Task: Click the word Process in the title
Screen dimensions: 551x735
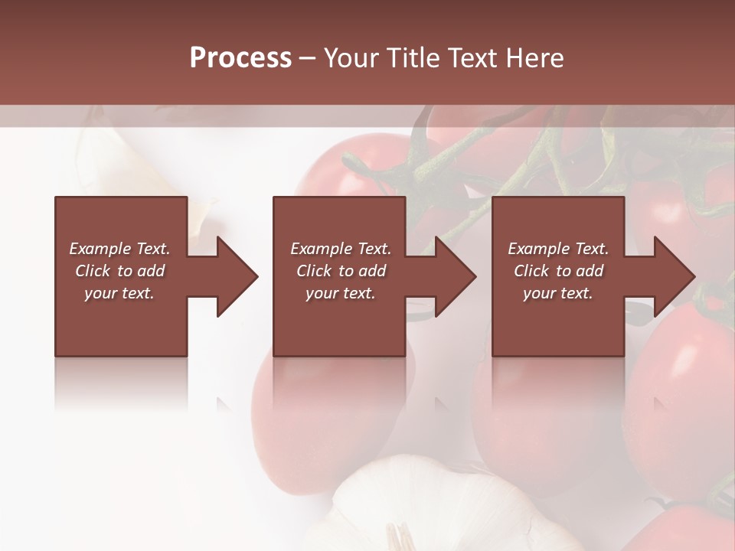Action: [240, 58]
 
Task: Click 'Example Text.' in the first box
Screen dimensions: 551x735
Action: [119, 249]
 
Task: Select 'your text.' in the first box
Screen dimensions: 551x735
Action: [119, 293]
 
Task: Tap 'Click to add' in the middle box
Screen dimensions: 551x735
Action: [341, 271]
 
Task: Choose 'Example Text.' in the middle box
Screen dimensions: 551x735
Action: [341, 249]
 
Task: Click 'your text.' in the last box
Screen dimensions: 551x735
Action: [558, 293]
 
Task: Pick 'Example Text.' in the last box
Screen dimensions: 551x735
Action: [558, 249]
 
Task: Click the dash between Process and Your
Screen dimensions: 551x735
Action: [308, 59]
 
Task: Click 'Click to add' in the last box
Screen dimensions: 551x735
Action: [558, 271]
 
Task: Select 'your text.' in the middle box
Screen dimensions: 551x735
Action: [341, 293]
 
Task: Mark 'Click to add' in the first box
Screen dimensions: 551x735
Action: [119, 271]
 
